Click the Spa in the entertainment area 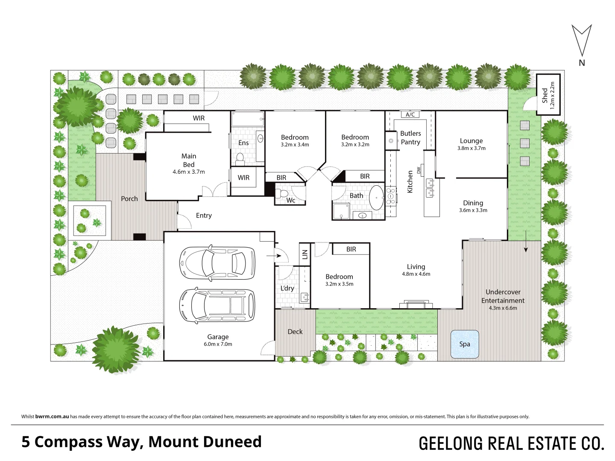[465, 344]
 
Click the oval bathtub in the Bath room [376, 198]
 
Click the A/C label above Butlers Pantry [410, 115]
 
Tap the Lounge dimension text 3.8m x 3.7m [471, 149]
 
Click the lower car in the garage [217, 305]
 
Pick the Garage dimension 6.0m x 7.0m [218, 344]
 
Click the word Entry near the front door [204, 216]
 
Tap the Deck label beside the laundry [295, 332]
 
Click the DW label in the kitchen [419, 170]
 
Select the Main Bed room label [189, 160]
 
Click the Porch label [129, 198]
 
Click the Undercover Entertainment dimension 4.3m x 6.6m [503, 308]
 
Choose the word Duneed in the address [234, 442]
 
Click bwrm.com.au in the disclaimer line [52, 417]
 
